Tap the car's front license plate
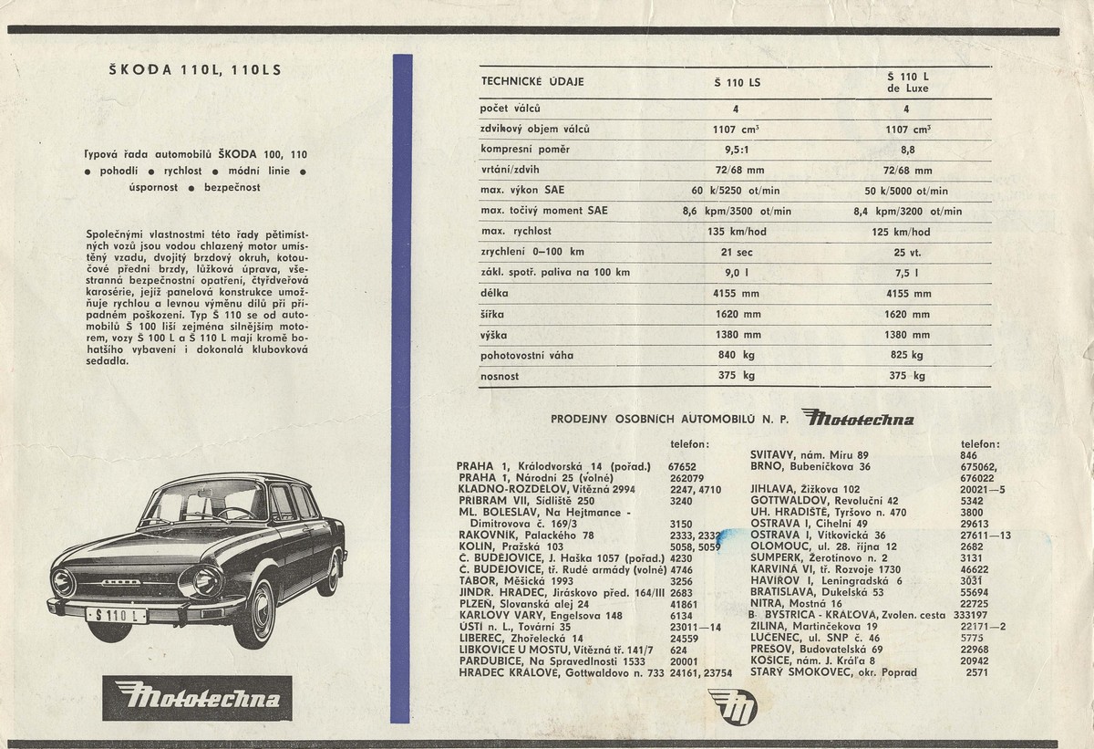click(x=115, y=617)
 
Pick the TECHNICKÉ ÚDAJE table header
click(x=532, y=82)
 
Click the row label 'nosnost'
click(x=499, y=375)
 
